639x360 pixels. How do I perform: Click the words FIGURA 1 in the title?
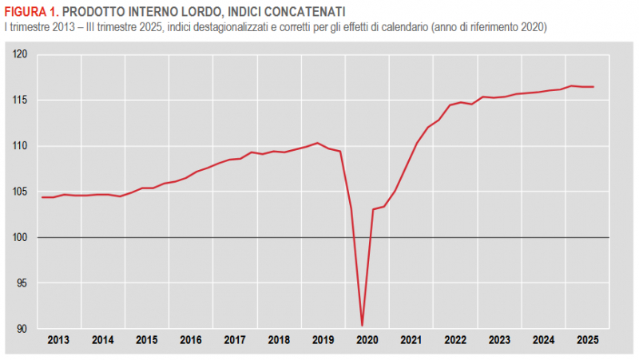[x=30, y=11]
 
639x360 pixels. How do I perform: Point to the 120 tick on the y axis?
[x=21, y=54]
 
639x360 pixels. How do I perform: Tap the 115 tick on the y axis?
[x=21, y=100]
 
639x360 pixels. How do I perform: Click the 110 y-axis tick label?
[x=21, y=146]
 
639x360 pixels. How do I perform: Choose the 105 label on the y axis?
[x=21, y=192]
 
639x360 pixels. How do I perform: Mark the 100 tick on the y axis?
[x=21, y=238]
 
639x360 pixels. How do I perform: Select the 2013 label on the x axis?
[x=58, y=340]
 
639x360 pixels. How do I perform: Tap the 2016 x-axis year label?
[x=191, y=340]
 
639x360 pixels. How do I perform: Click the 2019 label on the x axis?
[x=323, y=340]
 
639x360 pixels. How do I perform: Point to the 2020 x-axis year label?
[x=367, y=340]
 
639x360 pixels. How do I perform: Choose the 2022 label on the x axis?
[x=455, y=340]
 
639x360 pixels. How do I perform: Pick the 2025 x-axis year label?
[x=587, y=340]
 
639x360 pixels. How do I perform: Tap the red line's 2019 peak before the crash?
[x=318, y=143]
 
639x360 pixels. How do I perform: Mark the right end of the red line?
[x=593, y=87]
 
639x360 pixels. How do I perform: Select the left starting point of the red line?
[x=42, y=197]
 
